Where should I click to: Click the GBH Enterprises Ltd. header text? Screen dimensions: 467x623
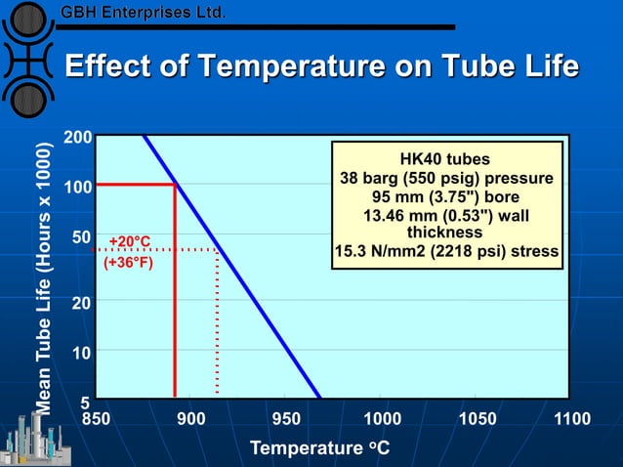[144, 14]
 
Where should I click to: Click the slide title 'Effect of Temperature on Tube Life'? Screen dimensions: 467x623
[321, 66]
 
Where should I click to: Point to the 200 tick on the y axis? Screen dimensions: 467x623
[78, 138]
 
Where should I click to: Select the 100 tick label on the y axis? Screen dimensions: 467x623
[78, 186]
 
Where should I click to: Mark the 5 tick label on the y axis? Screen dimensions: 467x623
[86, 402]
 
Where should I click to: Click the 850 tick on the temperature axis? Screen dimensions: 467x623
[96, 419]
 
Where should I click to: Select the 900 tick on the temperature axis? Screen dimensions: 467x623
[191, 419]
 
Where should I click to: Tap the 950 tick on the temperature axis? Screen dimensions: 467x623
[286, 419]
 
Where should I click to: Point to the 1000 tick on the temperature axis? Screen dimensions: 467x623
[382, 419]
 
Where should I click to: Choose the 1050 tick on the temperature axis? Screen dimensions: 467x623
[478, 419]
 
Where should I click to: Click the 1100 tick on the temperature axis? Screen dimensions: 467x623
[572, 419]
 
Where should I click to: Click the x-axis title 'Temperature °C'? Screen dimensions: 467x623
[320, 448]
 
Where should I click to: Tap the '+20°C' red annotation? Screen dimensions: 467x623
[129, 240]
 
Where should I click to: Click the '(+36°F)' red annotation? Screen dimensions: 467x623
[128, 262]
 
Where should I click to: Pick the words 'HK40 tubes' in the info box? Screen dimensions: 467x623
[445, 159]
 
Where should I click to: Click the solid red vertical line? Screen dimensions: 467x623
[175, 293]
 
